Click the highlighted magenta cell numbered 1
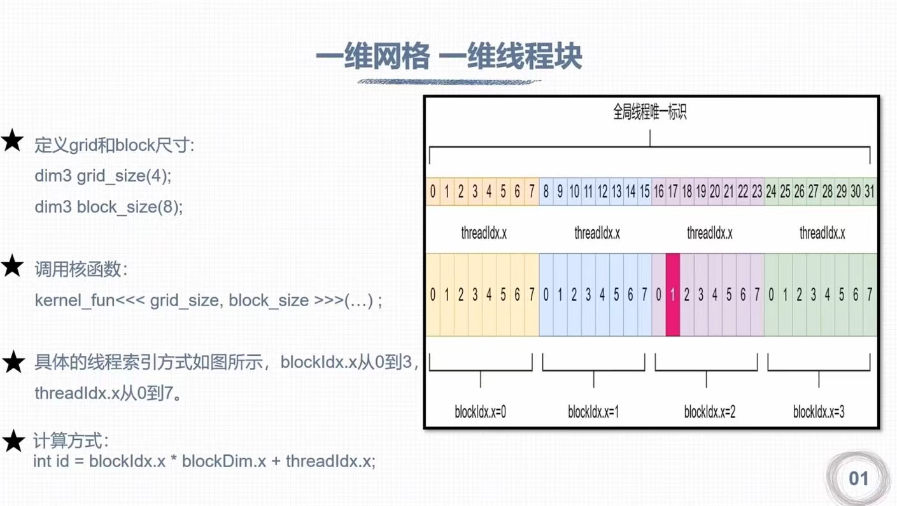[672, 295]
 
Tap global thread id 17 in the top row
[672, 192]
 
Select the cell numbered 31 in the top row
[869, 192]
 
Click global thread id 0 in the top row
[433, 192]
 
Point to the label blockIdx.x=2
[709, 412]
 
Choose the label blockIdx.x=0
[480, 412]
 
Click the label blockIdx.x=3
[819, 412]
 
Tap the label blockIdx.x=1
[593, 412]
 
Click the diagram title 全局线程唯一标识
[649, 113]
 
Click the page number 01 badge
[858, 479]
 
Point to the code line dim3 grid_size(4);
[103, 176]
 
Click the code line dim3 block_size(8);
[108, 207]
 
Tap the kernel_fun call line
[208, 300]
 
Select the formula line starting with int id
[204, 461]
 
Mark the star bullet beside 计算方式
[13, 440]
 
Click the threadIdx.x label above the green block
[822, 233]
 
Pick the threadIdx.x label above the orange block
[484, 233]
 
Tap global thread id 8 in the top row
[546, 192]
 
